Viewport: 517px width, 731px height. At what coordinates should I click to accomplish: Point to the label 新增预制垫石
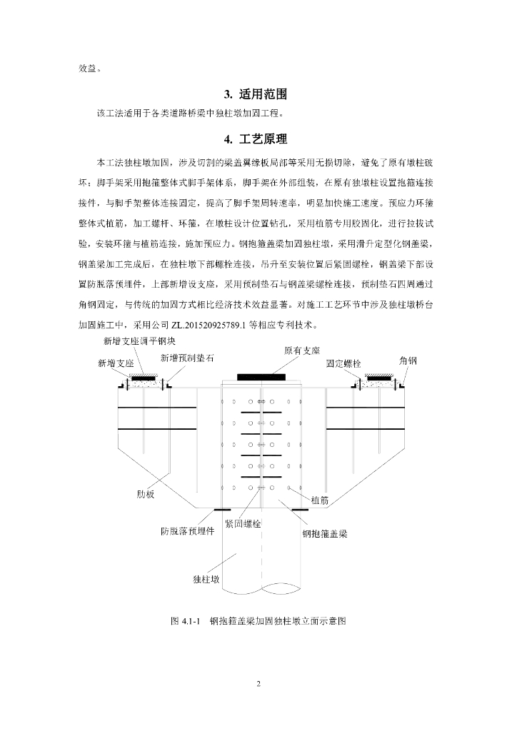point(187,358)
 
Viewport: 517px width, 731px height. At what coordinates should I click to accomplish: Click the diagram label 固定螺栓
point(345,363)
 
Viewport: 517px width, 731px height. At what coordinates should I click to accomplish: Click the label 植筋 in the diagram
point(319,501)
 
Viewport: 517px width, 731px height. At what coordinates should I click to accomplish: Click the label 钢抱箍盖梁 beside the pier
point(325,533)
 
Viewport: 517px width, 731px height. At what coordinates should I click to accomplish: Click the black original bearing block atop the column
point(261,376)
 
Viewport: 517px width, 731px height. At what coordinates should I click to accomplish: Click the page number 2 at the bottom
point(258,684)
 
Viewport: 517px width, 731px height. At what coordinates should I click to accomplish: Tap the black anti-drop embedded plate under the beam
point(223,510)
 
